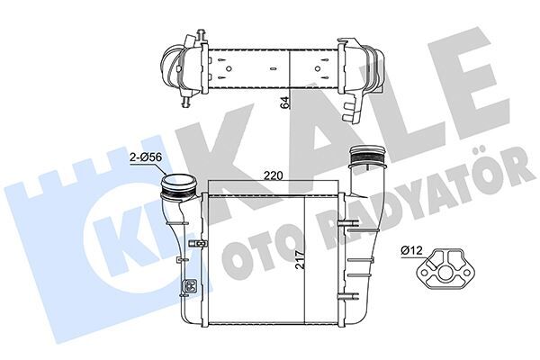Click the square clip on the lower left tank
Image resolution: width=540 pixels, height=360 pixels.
191,288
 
